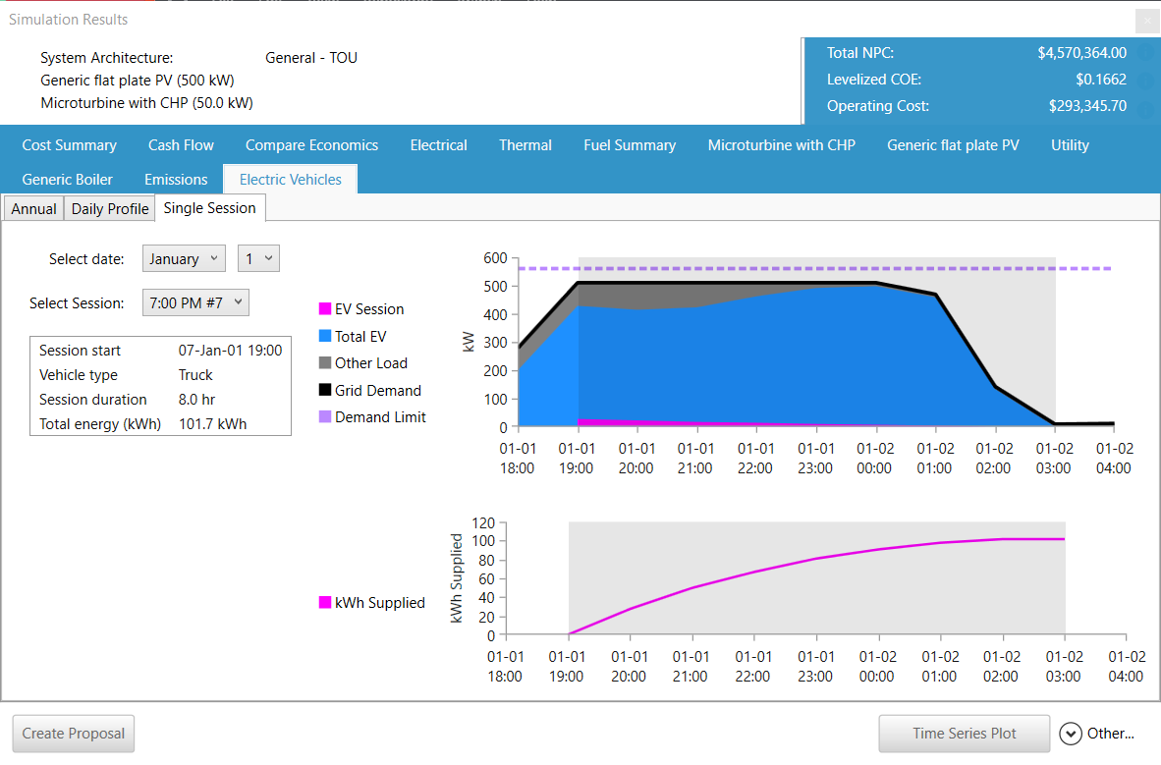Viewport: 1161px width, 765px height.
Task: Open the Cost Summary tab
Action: tap(69, 145)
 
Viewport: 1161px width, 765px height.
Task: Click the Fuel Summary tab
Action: tap(630, 145)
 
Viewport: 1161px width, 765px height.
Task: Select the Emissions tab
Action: tap(176, 180)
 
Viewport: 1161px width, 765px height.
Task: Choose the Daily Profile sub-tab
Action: tap(110, 209)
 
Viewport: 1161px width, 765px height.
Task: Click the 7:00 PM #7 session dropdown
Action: tap(195, 303)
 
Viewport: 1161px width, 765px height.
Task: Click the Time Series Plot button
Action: tap(964, 734)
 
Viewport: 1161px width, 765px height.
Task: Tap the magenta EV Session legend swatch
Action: tap(325, 309)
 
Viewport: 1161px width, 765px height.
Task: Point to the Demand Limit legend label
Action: tap(380, 417)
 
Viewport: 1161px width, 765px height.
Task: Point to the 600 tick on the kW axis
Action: tap(496, 258)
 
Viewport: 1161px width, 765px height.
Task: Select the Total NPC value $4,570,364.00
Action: tap(1081, 53)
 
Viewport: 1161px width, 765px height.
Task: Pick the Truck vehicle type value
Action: tap(195, 375)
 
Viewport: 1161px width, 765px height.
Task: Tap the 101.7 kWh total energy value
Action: tap(212, 424)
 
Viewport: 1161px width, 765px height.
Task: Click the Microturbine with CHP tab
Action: tap(781, 145)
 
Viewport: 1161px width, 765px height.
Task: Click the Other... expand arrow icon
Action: tap(1071, 734)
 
